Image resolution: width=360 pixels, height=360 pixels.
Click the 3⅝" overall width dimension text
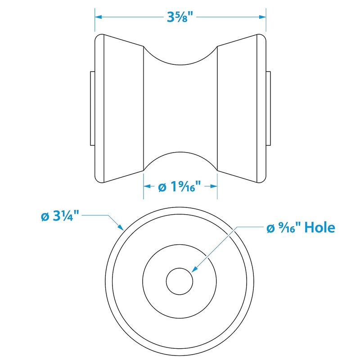(x=180, y=18)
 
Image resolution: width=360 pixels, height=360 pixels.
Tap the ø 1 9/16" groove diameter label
(x=180, y=186)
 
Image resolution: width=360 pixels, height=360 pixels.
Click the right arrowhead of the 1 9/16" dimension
(x=214, y=186)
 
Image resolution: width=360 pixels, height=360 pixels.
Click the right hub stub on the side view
(x=268, y=108)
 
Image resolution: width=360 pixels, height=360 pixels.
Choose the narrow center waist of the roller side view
(x=180, y=108)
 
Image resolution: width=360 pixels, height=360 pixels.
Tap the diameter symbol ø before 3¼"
(x=45, y=216)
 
